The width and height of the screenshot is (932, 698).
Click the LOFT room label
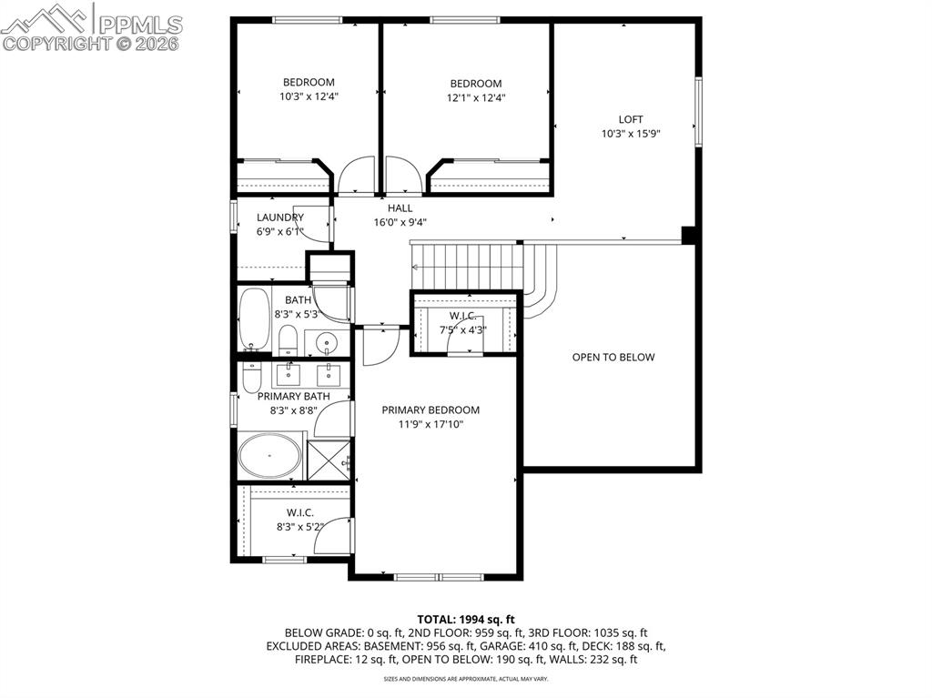[x=631, y=119]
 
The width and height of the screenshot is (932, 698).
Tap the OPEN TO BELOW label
[x=613, y=358]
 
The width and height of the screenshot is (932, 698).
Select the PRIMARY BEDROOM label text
[x=431, y=410]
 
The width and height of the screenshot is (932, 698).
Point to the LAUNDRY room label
[x=279, y=217]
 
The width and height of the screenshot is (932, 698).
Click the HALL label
[x=400, y=208]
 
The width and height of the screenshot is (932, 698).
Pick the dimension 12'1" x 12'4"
[x=475, y=98]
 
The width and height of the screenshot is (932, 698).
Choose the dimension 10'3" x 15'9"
[x=631, y=134]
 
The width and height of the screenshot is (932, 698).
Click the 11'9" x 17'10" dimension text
[x=431, y=424]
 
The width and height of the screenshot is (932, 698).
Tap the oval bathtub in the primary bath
[x=269, y=455]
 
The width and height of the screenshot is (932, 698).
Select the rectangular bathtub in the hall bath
[x=253, y=319]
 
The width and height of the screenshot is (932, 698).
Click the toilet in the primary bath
[x=252, y=375]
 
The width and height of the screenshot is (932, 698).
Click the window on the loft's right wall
[x=699, y=111]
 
